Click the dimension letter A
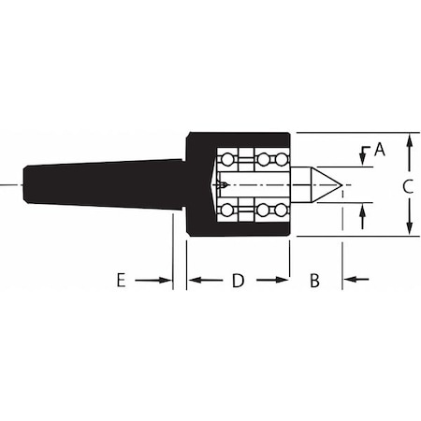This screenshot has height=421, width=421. click(x=380, y=148)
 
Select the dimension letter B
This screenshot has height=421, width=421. click(x=314, y=280)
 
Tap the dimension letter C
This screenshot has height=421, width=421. click(x=407, y=186)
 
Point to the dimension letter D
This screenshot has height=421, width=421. click(x=238, y=280)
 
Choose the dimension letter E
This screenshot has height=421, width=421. click(x=121, y=280)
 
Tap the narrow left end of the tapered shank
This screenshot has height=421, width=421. click(x=26, y=184)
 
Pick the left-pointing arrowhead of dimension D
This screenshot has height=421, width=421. click(x=195, y=280)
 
